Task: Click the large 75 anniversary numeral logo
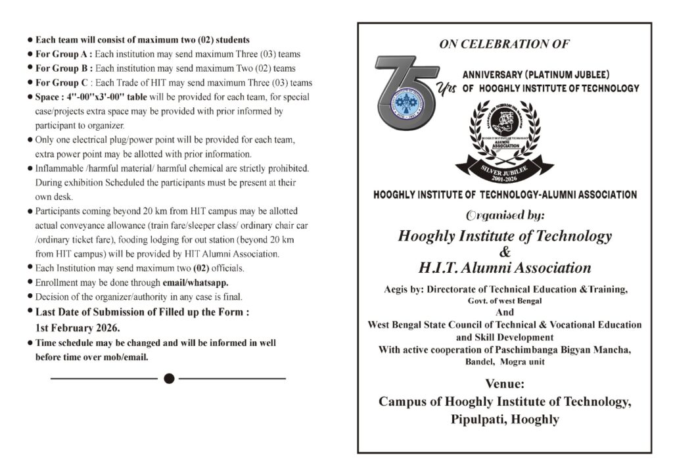(x=406, y=92)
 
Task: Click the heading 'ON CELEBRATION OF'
(x=504, y=45)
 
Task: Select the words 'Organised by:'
(x=505, y=215)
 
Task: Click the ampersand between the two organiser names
(x=505, y=252)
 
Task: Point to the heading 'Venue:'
(x=505, y=384)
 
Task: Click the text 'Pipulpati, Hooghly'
(x=505, y=419)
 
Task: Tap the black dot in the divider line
(x=169, y=378)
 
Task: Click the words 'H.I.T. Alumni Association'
(x=505, y=268)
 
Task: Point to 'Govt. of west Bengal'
(x=505, y=301)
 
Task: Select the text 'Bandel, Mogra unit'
(x=505, y=362)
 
